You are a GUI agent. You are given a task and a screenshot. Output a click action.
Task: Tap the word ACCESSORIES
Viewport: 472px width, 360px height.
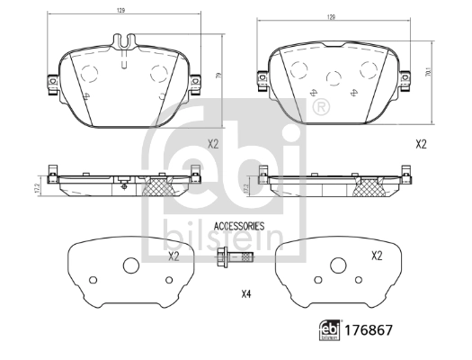pyautogui.click(x=238, y=226)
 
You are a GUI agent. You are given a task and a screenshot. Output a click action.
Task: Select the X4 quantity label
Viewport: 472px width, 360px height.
pyautogui.click(x=246, y=294)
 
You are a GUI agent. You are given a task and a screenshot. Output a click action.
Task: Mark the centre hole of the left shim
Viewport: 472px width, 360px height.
pyautogui.click(x=130, y=265)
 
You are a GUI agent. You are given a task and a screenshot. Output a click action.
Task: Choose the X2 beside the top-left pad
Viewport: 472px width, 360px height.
pyautogui.click(x=214, y=144)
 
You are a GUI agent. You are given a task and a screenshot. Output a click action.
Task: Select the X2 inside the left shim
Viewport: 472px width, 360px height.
pyautogui.click(x=174, y=256)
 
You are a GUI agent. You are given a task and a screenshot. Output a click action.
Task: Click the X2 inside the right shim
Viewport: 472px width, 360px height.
pyautogui.click(x=378, y=256)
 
